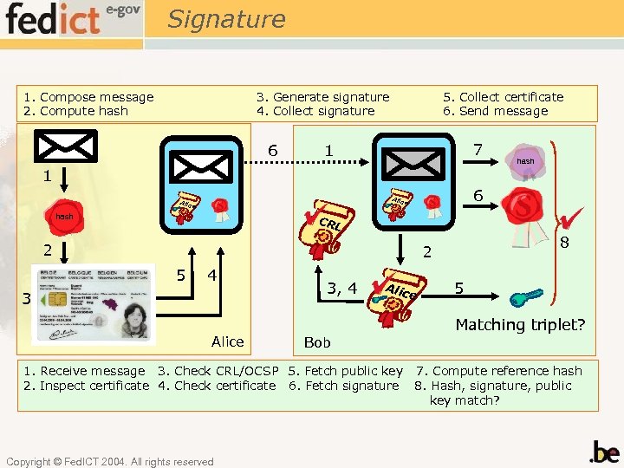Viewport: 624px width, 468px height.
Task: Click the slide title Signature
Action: tap(226, 18)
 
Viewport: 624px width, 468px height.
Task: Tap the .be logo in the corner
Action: tap(603, 452)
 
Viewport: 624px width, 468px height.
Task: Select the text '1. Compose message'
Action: tap(88, 97)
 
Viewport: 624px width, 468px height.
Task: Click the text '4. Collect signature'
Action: tap(315, 111)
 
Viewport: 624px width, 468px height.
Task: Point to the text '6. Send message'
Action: tap(496, 111)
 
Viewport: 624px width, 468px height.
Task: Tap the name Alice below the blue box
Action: tap(227, 341)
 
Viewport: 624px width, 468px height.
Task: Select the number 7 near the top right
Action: tap(478, 150)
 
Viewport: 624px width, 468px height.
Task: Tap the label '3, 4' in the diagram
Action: tap(341, 288)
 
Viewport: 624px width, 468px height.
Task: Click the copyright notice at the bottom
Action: tap(109, 462)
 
